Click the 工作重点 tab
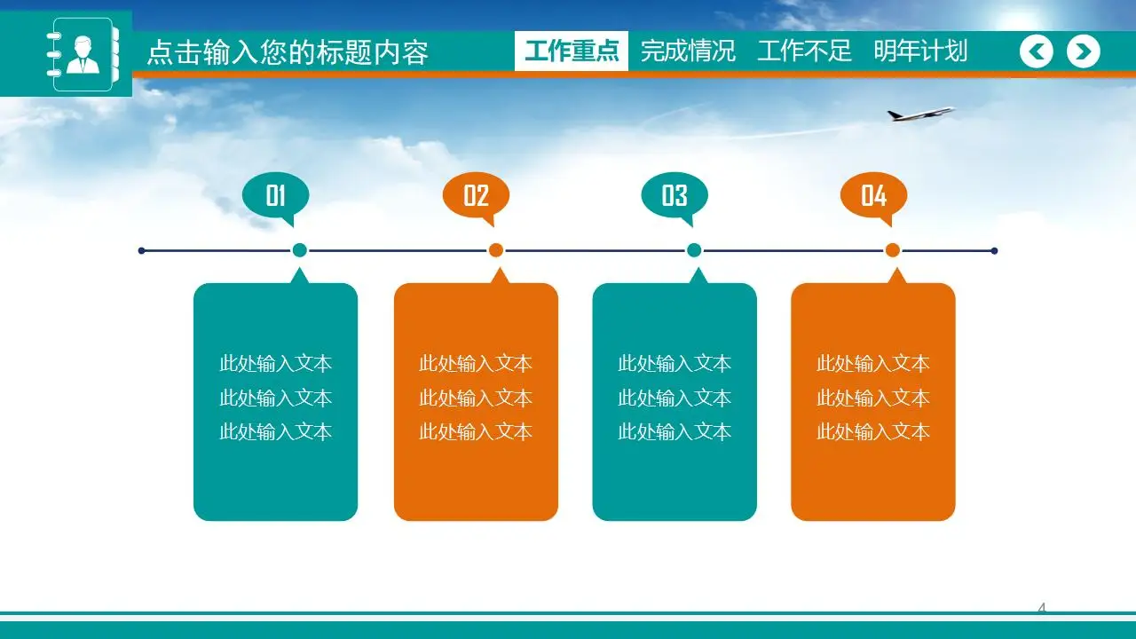tap(572, 51)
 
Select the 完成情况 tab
tap(688, 51)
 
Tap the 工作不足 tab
tap(804, 51)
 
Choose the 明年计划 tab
tap(920, 51)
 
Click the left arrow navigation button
tap(1036, 51)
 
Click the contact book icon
tap(82, 53)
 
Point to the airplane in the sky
tap(919, 114)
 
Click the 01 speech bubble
tap(276, 195)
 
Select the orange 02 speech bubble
tap(476, 195)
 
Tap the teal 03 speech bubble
tap(674, 195)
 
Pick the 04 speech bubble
tap(873, 195)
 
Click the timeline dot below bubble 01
tap(300, 250)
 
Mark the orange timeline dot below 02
tap(496, 250)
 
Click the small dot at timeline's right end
tap(994, 250)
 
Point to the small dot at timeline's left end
tap(142, 250)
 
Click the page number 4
tap(1042, 608)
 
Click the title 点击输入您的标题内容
tap(287, 52)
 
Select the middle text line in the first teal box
tap(275, 398)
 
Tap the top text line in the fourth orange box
tap(872, 363)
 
